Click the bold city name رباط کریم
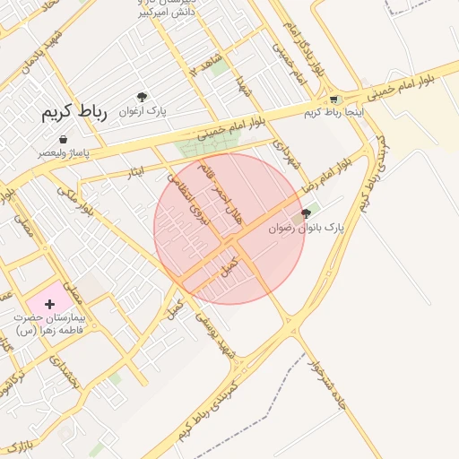coord(74,113)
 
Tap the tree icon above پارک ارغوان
coord(142,97)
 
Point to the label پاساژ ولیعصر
coord(61,153)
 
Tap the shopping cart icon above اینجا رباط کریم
coord(333,100)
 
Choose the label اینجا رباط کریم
coord(325,112)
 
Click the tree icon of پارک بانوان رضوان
coord(307,213)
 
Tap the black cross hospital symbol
coord(48,305)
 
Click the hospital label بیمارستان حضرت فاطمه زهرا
coord(50,325)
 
